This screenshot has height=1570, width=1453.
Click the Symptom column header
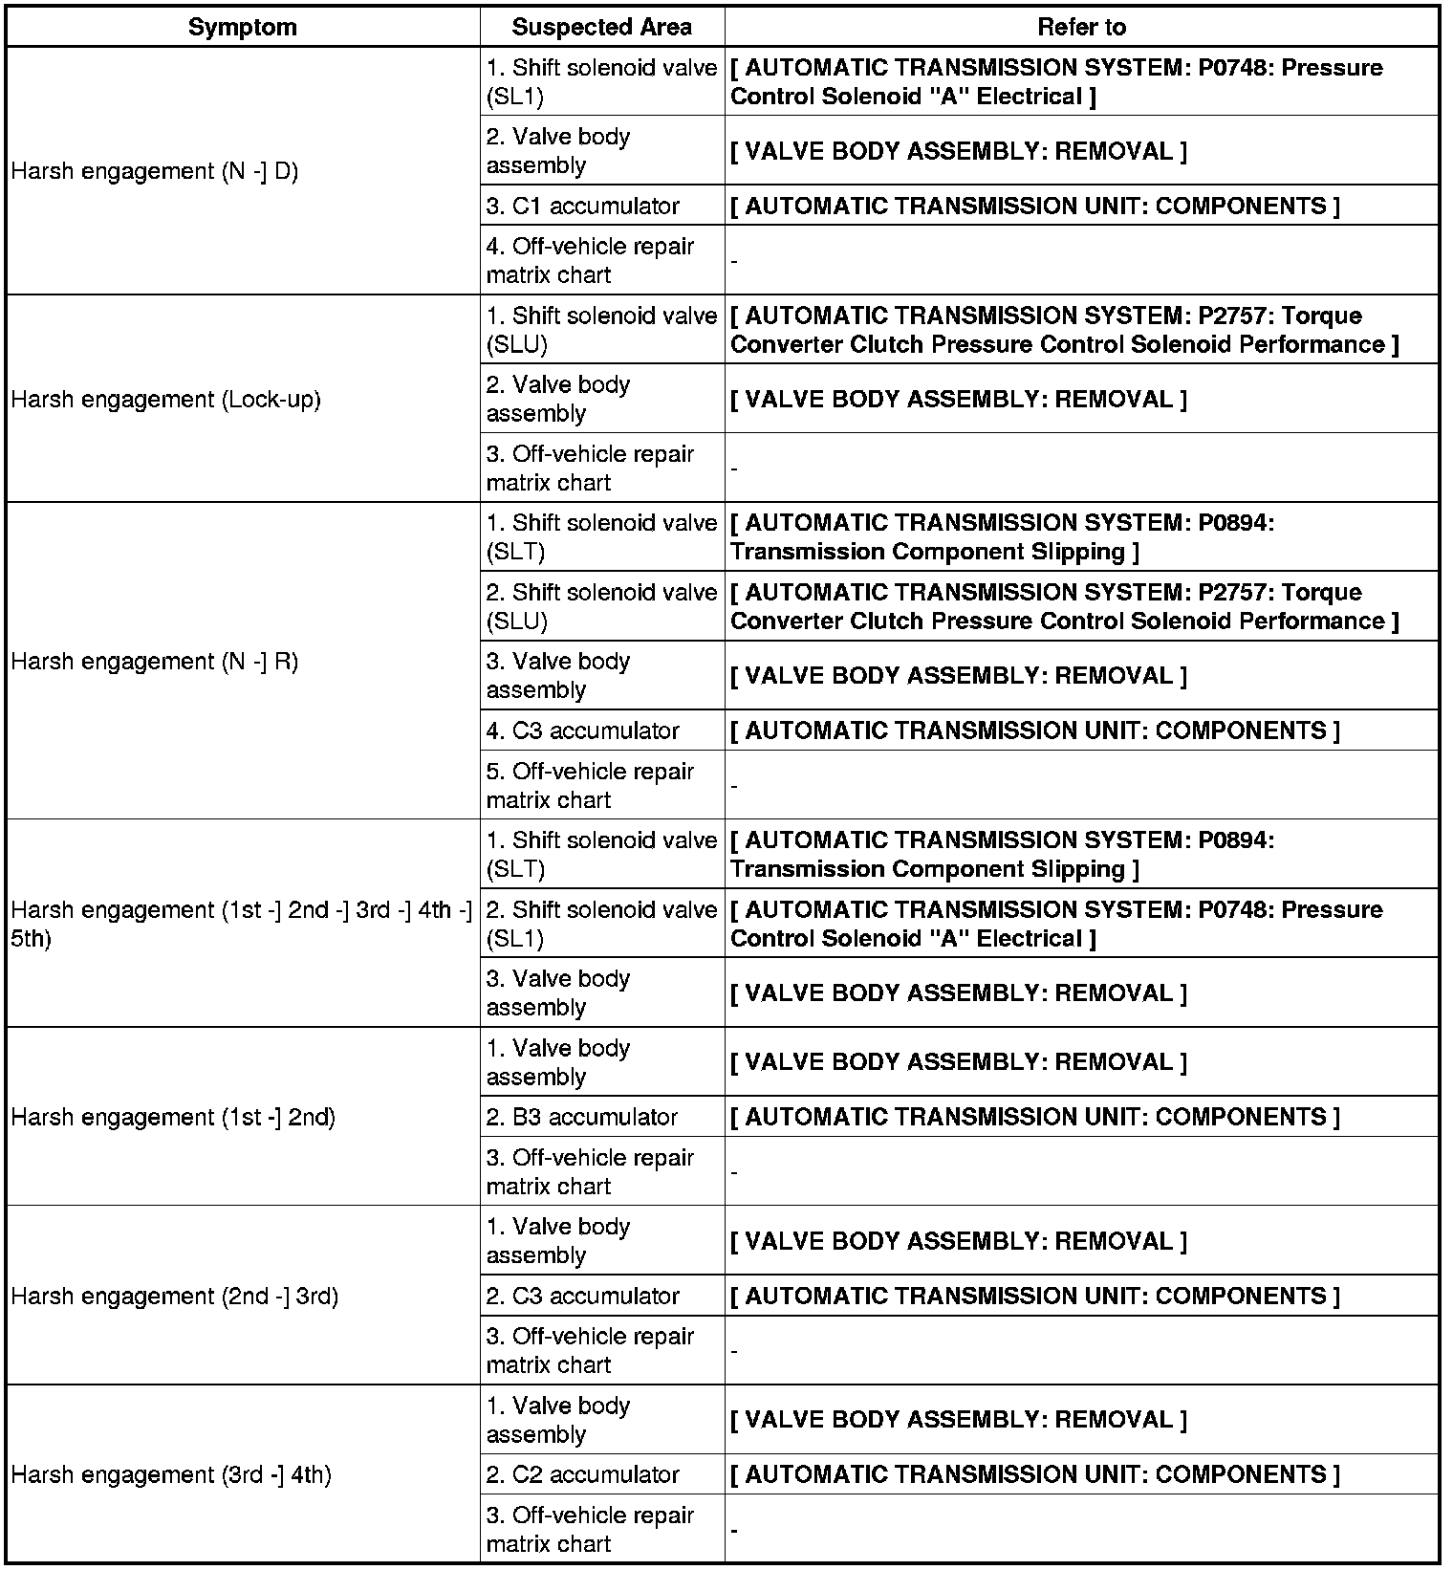tap(242, 27)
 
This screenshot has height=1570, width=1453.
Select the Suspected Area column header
tap(601, 27)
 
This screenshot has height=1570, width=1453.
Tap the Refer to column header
tap(1081, 27)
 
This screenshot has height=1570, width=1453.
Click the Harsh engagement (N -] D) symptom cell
tap(155, 172)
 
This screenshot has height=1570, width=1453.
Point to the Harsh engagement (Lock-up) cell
tap(166, 399)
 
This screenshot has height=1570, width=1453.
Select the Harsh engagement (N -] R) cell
tap(155, 662)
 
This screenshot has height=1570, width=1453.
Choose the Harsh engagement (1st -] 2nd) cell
tap(173, 1117)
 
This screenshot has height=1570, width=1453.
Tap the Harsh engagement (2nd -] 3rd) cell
tap(175, 1296)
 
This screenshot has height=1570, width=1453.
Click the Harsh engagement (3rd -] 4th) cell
tap(171, 1474)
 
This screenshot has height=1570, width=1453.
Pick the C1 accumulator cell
tap(583, 206)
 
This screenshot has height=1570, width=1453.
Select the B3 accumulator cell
tap(582, 1117)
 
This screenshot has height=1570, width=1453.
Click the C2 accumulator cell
tap(583, 1474)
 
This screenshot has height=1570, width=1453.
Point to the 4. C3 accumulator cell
tap(583, 730)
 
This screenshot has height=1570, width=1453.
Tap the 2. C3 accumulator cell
tap(583, 1296)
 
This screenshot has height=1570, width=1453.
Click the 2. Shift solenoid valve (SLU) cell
tap(601, 606)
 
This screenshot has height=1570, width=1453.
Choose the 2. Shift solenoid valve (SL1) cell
tap(601, 924)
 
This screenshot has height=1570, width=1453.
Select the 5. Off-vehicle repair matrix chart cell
tap(590, 785)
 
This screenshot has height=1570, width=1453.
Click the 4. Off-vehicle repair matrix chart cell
tap(590, 260)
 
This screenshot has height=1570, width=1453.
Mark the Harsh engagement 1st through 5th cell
tap(242, 924)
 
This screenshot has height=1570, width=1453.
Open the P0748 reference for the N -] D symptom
tap(1056, 82)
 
